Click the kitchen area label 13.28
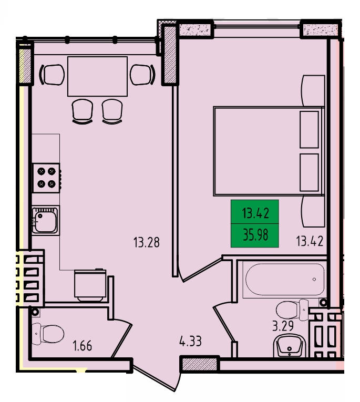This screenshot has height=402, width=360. [x=147, y=242]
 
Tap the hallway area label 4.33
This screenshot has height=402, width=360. [x=191, y=342]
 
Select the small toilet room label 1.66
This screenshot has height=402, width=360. [x=83, y=346]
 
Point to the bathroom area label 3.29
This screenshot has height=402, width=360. [x=283, y=326]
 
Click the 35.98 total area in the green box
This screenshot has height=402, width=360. [x=255, y=235]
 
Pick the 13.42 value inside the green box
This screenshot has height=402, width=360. [x=255, y=213]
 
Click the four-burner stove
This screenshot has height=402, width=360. [x=46, y=178]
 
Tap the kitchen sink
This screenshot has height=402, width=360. [x=45, y=220]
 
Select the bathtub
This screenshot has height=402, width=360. [x=285, y=280]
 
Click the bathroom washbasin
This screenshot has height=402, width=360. [x=290, y=346]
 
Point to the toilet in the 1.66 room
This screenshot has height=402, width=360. [x=48, y=334]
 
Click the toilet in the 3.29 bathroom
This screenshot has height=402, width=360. [x=292, y=310]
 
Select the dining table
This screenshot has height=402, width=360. [x=97, y=76]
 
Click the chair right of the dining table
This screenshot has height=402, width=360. [x=143, y=75]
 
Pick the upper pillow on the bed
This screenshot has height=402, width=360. [x=309, y=129]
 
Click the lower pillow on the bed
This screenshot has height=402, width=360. [x=309, y=172]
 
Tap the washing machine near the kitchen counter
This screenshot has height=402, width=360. [x=90, y=285]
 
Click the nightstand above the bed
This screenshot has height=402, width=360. [x=314, y=90]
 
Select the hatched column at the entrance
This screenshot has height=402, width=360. [x=200, y=364]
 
